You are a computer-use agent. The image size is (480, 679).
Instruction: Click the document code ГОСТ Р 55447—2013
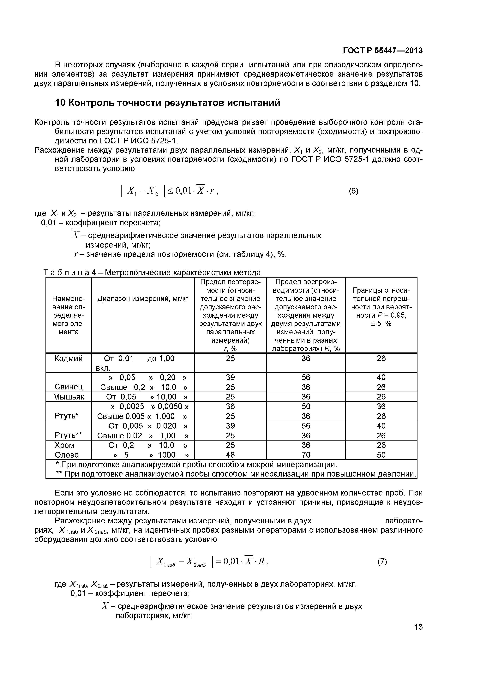tap(382, 51)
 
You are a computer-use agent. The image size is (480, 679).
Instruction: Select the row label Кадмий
tap(69, 359)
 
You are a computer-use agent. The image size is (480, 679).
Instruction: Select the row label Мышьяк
tap(69, 397)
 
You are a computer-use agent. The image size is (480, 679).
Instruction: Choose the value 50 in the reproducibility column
tap(306, 406)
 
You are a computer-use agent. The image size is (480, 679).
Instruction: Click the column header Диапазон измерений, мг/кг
tap(143, 299)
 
